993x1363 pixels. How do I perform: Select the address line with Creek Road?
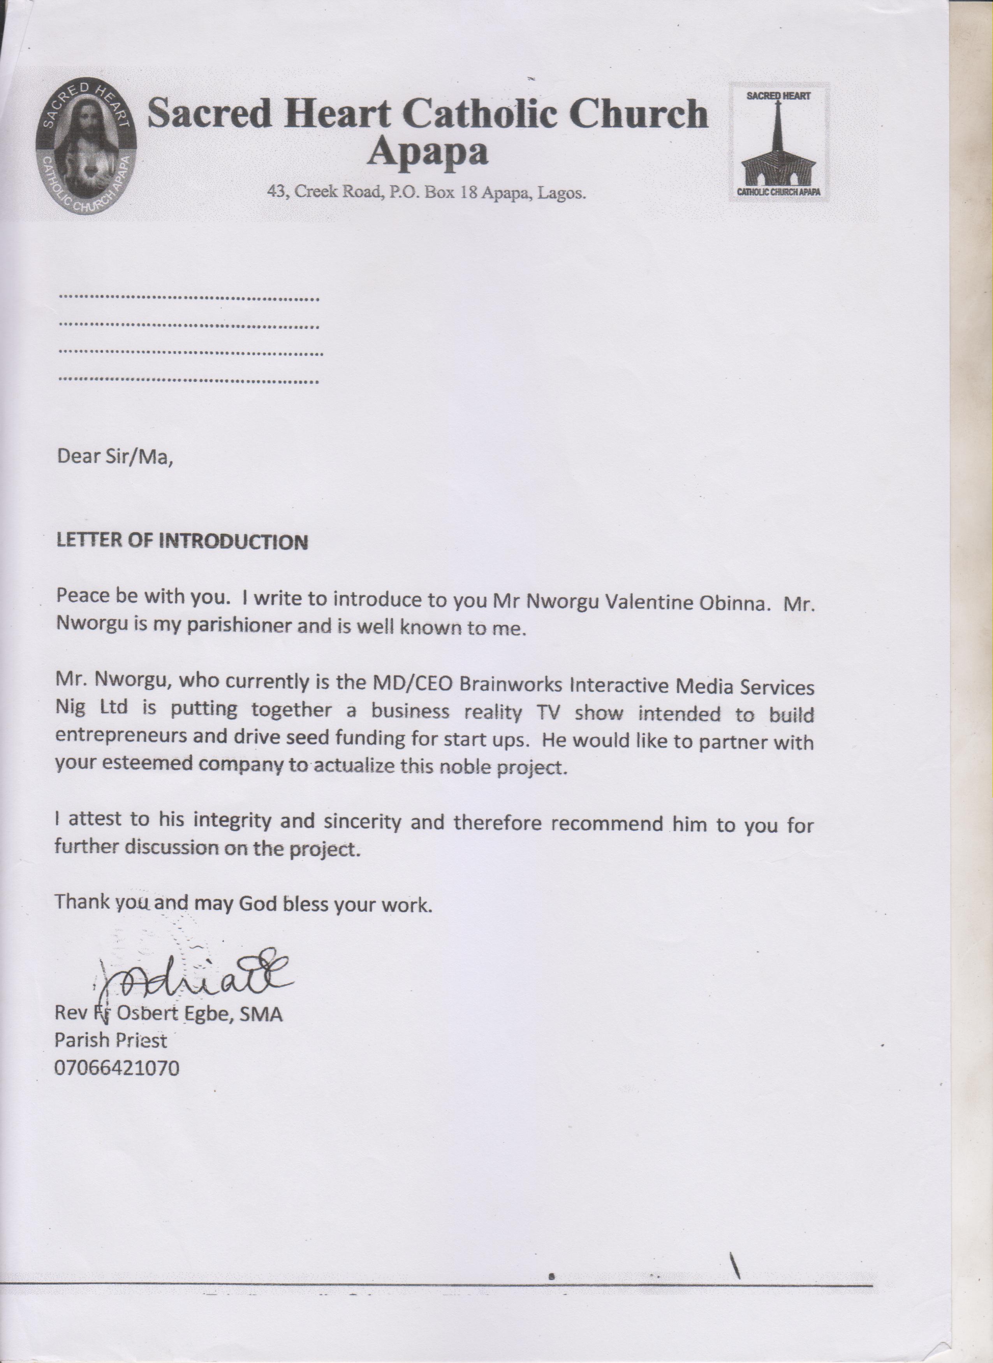pyautogui.click(x=426, y=193)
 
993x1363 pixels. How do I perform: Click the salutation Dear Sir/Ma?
pyautogui.click(x=115, y=457)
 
